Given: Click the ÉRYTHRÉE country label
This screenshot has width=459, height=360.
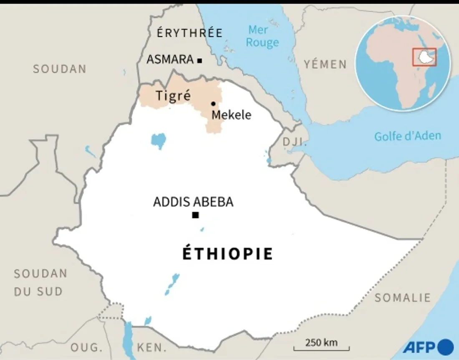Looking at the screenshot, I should [x=189, y=33].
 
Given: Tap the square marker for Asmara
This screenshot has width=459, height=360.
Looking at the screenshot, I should [x=199, y=61].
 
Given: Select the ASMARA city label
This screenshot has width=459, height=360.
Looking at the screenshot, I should [x=170, y=60].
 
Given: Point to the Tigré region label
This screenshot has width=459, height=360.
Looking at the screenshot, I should [x=173, y=96].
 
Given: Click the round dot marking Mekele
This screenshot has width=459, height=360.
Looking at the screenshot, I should [x=213, y=104].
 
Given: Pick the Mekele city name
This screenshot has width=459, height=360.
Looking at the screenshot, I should [x=232, y=115].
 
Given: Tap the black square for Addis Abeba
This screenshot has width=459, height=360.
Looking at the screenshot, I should [x=195, y=215].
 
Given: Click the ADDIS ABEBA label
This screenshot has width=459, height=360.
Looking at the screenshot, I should [x=193, y=202].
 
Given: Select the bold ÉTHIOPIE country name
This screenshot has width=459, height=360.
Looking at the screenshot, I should [x=228, y=254].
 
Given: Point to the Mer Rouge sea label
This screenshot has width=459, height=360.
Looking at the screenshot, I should [x=262, y=36].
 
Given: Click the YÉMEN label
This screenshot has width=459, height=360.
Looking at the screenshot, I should [x=325, y=64].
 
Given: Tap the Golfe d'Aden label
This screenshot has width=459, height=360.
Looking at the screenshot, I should [x=407, y=136].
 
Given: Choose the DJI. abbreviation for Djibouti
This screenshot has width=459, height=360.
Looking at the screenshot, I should [x=295, y=142].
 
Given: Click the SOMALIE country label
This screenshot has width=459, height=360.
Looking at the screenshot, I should [x=402, y=298].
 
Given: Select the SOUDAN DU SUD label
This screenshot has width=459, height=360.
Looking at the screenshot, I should [x=40, y=282].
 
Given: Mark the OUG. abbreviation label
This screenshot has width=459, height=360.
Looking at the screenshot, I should [x=86, y=347].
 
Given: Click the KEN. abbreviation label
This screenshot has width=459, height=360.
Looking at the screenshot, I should [x=151, y=347].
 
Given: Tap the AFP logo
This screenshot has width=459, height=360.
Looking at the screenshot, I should [x=428, y=347].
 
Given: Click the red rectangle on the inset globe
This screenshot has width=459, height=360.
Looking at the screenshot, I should [x=424, y=57].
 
